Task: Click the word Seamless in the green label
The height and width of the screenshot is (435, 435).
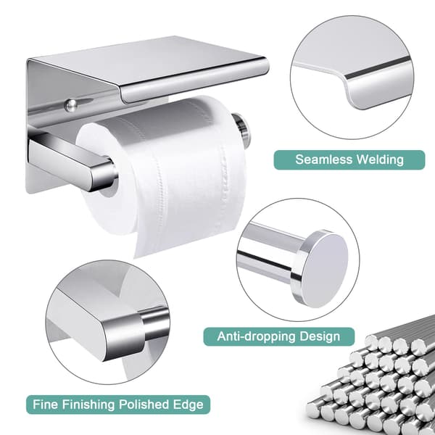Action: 324,159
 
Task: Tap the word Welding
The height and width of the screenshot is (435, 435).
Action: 380,159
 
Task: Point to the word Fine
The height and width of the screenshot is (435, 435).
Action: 46,405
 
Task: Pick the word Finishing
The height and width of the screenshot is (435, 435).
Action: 88,405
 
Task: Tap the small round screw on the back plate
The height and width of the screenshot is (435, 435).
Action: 70,105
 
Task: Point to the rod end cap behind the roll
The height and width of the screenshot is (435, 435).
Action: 241,130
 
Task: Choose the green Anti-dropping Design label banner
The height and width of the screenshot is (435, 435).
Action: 279,336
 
